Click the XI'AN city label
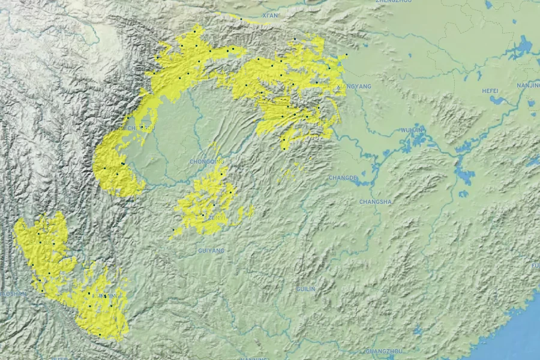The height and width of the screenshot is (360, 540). [271, 15]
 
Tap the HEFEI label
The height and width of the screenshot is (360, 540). [490, 91]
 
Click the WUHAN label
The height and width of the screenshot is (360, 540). [412, 130]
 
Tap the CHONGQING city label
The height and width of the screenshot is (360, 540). [206, 161]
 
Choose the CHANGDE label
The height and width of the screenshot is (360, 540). [343, 178]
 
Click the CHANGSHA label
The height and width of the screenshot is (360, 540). [375, 202]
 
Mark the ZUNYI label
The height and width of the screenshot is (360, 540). [217, 217]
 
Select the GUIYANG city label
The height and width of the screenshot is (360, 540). [211, 250]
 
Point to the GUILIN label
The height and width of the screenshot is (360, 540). [305, 289]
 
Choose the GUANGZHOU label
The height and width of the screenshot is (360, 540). [383, 351]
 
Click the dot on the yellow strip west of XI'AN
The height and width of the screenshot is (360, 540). [241, 19]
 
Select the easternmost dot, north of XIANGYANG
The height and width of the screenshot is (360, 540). [347, 55]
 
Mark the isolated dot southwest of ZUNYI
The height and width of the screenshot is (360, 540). [173, 230]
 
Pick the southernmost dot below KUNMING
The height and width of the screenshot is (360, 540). [100, 335]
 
